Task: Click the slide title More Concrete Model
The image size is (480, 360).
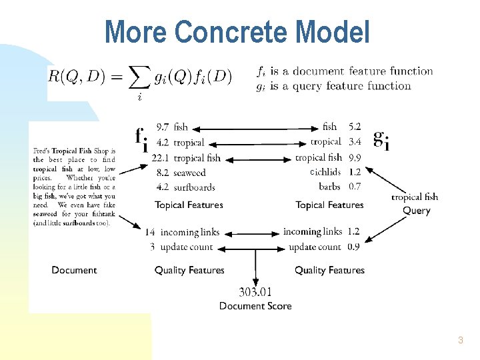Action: (237, 31)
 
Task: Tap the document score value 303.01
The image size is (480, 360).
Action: (255, 291)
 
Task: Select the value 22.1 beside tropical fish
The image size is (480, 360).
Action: (160, 158)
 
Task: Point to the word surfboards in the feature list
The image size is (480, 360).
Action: (194, 187)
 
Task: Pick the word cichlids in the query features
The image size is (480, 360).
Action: (326, 172)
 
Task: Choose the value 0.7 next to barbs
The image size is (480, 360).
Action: (355, 187)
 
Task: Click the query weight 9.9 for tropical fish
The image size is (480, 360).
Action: (355, 157)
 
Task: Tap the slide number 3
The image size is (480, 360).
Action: (460, 341)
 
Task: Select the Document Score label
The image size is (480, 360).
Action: (255, 306)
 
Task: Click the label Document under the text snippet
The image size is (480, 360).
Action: (74, 270)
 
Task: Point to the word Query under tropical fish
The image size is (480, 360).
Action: (416, 211)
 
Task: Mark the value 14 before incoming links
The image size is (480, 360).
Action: (151, 232)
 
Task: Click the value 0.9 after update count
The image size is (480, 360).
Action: (353, 247)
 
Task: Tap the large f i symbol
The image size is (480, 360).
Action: (141, 139)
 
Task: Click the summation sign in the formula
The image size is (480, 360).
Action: (139, 79)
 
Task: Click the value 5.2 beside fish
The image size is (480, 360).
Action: (355, 127)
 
